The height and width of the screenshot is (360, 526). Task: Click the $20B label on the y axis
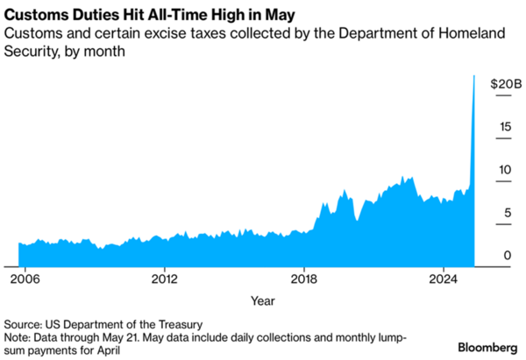click(504, 84)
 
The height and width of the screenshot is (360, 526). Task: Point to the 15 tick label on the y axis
click(506, 127)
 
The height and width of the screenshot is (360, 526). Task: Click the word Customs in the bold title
click(33, 15)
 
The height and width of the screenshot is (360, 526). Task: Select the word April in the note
click(117, 349)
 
